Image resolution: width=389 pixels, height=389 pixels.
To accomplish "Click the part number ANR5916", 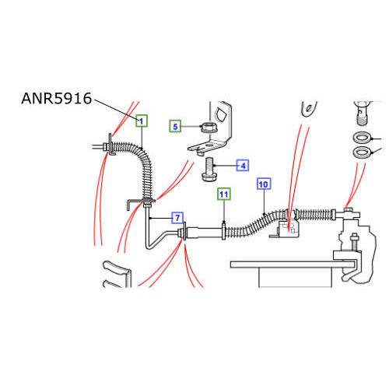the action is click(57, 99).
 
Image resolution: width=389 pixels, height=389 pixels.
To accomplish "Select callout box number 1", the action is click(142, 121).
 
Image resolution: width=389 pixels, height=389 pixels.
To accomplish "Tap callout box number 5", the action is click(175, 127).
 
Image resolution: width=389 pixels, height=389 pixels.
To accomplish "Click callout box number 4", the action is click(243, 166).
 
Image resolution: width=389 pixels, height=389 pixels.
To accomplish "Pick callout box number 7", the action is click(177, 218).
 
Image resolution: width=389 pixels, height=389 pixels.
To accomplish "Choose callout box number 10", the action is click(264, 184).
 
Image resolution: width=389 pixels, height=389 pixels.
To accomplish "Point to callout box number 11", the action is click(224, 194).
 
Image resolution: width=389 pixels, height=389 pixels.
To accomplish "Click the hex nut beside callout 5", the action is click(207, 128).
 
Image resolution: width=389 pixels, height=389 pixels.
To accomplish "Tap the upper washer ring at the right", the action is click(362, 138).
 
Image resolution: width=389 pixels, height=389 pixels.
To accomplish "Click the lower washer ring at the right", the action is click(362, 152).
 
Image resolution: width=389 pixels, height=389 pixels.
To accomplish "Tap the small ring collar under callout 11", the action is click(223, 230).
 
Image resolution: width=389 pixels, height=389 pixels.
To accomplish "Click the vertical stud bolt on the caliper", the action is click(354, 242).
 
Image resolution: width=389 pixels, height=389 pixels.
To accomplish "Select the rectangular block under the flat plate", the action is click(296, 278).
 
